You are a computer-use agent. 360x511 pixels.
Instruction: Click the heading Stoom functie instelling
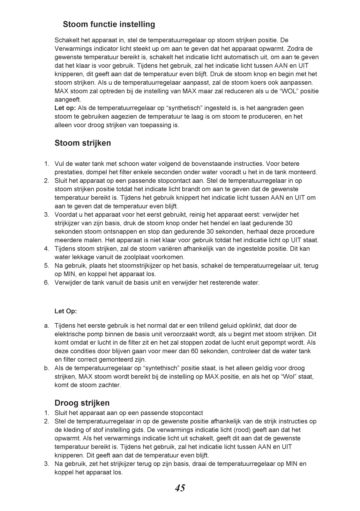[109, 24]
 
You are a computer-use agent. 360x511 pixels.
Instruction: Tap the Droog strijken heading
[82, 402]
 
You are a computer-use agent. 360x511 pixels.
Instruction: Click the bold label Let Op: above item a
[66, 311]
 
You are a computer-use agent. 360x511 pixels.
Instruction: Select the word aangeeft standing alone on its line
[68, 100]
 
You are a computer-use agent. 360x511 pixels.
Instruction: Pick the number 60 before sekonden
[194, 351]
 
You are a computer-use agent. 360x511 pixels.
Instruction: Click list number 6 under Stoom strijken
[47, 282]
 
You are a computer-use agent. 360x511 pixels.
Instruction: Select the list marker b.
[47, 368]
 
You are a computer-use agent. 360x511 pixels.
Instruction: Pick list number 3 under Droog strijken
[47, 464]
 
